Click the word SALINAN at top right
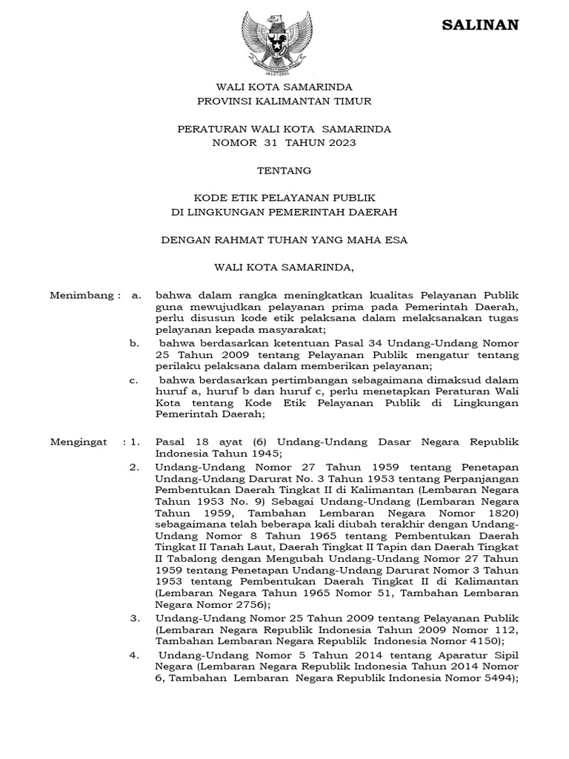coord(480,25)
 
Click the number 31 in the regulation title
coord(272,142)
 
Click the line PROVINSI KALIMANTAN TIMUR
coord(284,101)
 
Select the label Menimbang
coord(81,295)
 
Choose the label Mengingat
coord(78,442)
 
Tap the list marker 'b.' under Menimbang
coord(134,343)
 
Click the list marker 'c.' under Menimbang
coord(134,380)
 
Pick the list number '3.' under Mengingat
coord(134,617)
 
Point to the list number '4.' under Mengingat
coord(134,654)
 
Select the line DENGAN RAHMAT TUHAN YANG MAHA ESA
coord(284,239)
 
